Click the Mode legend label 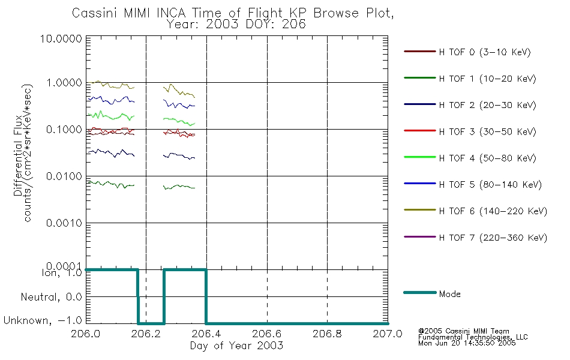tap(449, 294)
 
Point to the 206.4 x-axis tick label tap(206, 334)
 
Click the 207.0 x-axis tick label tap(388, 334)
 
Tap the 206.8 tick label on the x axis tap(327, 334)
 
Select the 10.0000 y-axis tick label tap(61, 38)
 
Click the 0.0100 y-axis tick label tap(64, 176)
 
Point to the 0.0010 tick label tap(64, 223)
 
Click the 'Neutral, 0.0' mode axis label tap(51, 297)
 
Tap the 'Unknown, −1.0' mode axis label tap(43, 320)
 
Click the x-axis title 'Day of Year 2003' tap(236, 346)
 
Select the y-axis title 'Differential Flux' tap(18, 156)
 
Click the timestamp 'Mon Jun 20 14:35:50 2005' tap(467, 343)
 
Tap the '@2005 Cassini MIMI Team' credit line tap(463, 331)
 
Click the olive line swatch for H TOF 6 tap(420, 210)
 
